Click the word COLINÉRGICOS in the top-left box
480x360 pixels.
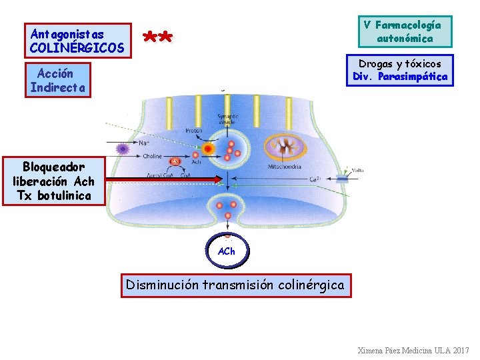pyautogui.click(x=77, y=48)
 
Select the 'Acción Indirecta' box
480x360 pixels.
pyautogui.click(x=57, y=80)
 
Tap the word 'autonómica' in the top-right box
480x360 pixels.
pyautogui.click(x=404, y=38)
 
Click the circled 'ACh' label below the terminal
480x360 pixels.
pyautogui.click(x=227, y=251)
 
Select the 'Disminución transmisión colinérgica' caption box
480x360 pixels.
pyautogui.click(x=235, y=285)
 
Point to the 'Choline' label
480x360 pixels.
pyautogui.click(x=152, y=156)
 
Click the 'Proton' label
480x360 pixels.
pyautogui.click(x=194, y=131)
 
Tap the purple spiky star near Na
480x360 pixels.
pyautogui.click(x=122, y=148)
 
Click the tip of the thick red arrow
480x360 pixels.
pyautogui.click(x=221, y=179)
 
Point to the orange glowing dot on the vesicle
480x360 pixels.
pyautogui.click(x=209, y=148)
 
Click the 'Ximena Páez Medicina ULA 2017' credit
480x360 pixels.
pyautogui.click(x=413, y=350)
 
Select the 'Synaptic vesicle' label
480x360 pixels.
pyautogui.click(x=228, y=121)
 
